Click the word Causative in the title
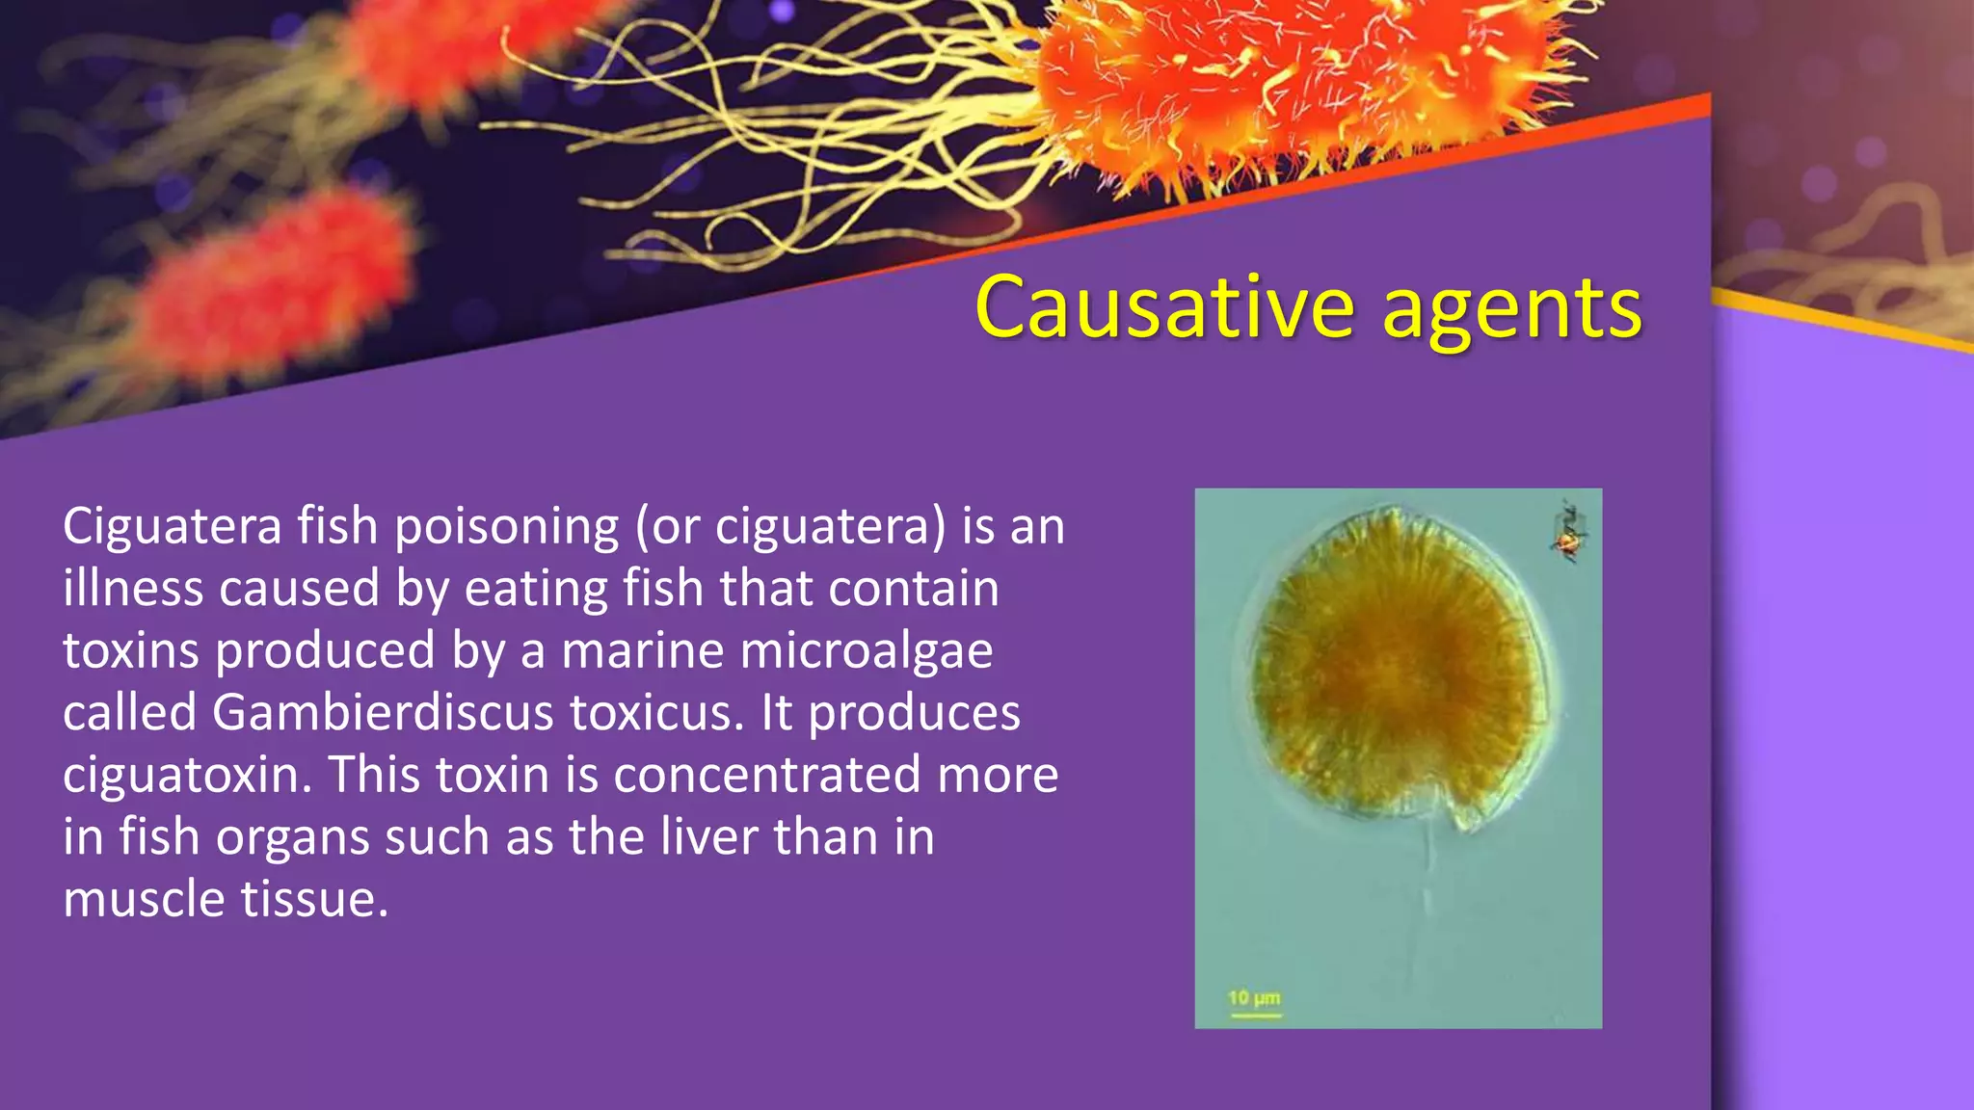(x=1165, y=308)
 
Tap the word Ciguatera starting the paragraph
(x=173, y=527)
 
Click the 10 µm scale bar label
(x=1253, y=998)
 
